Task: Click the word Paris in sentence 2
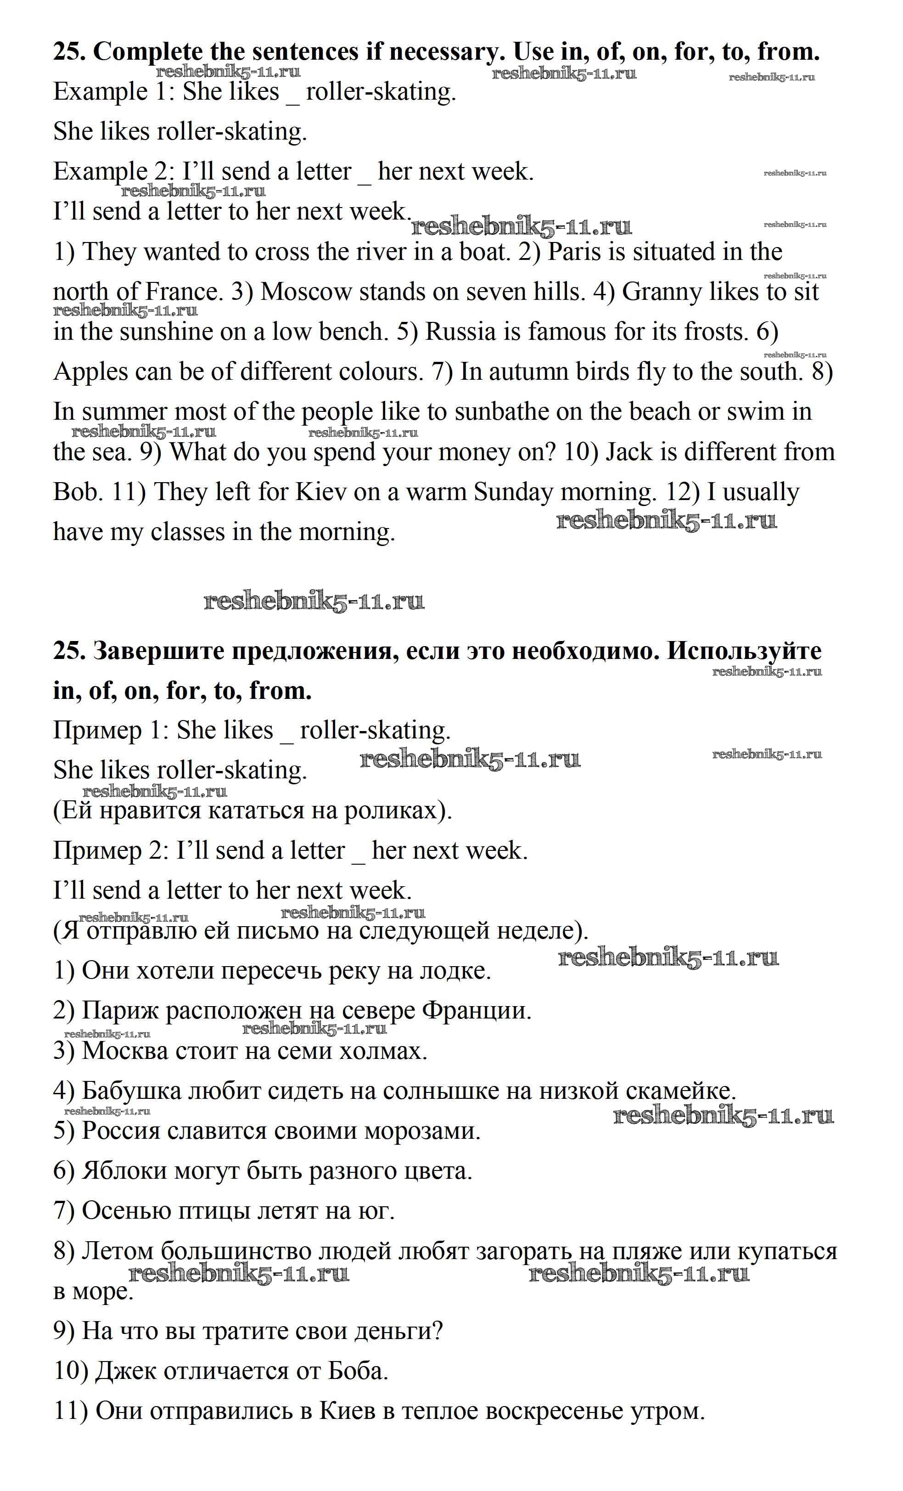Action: click(575, 252)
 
